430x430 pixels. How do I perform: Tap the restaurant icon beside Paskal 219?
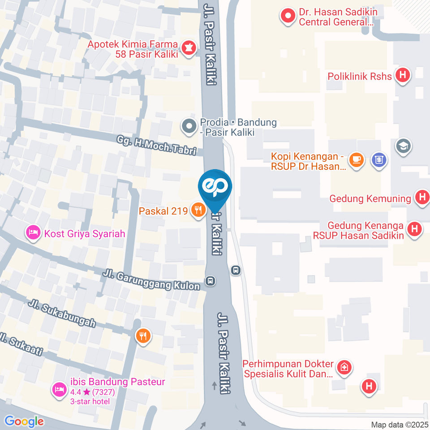197,210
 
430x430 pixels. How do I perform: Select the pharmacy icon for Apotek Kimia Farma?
189,48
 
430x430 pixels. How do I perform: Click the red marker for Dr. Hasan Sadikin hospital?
287,16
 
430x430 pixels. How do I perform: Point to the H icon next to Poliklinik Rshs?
403,76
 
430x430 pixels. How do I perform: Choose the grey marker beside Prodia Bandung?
189,126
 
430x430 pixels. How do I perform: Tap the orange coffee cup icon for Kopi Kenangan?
357,159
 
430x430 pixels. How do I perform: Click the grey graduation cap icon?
404,146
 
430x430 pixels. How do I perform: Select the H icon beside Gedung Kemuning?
421,198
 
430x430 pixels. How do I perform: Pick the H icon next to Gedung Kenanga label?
415,230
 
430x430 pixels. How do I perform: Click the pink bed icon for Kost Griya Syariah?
33,232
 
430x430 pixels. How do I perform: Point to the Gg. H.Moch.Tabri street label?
157,145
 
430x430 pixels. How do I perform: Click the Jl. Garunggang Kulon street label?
151,279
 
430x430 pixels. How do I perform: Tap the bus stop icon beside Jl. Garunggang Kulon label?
210,281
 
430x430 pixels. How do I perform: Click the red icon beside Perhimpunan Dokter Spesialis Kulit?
344,367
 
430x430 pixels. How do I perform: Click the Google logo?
24,421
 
